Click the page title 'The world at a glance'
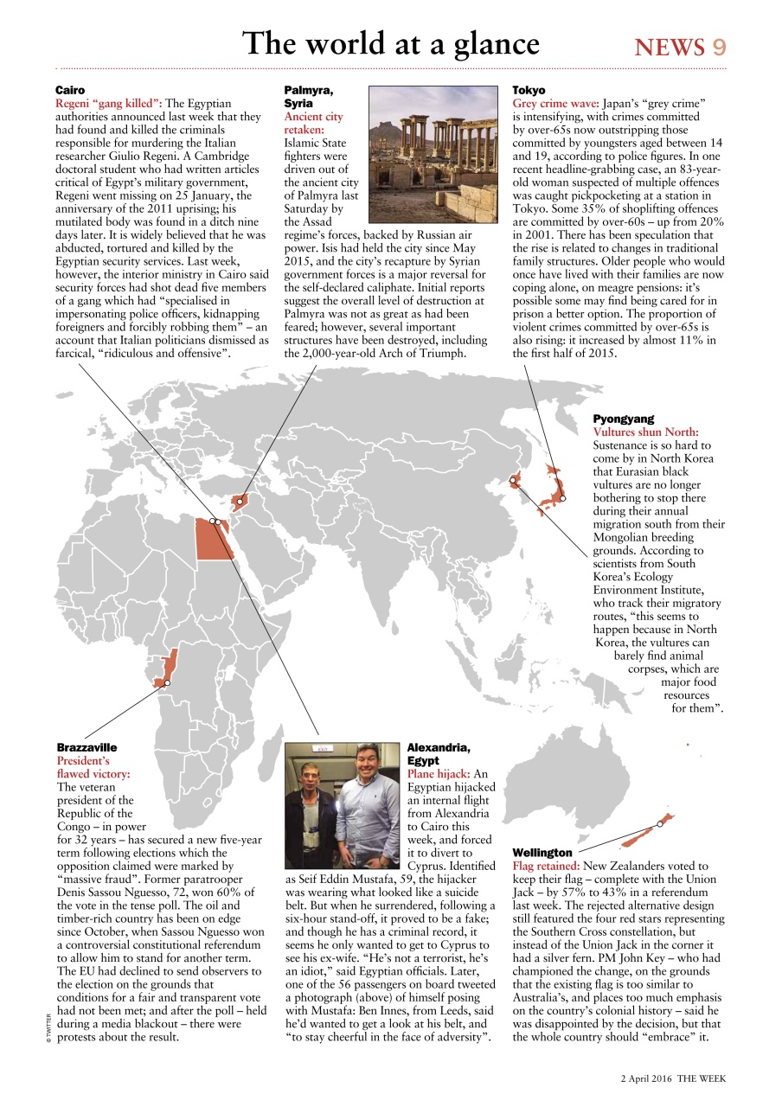(x=390, y=43)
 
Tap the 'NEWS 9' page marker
(x=680, y=47)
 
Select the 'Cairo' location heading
(x=70, y=90)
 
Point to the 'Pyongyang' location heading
(x=624, y=418)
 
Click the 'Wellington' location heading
(x=542, y=852)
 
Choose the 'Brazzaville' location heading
(x=87, y=746)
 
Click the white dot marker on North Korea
(x=513, y=480)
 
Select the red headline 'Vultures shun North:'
(x=645, y=432)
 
